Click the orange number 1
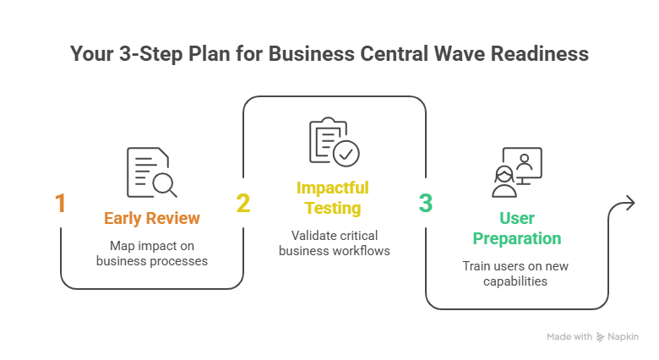tap(60, 204)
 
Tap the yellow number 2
tap(242, 204)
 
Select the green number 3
tap(426, 204)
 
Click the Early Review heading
tap(152, 219)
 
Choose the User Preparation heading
tap(516, 228)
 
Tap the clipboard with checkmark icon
tap(333, 141)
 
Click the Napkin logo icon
tap(600, 336)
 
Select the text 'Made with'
tap(569, 336)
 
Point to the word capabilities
tap(516, 281)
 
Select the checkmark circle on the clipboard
tap(346, 153)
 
